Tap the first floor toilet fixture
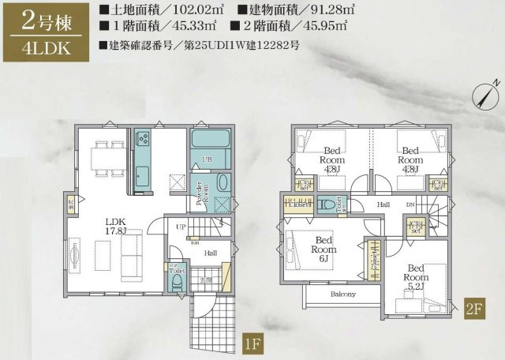point(178,279)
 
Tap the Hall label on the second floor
point(383,204)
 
